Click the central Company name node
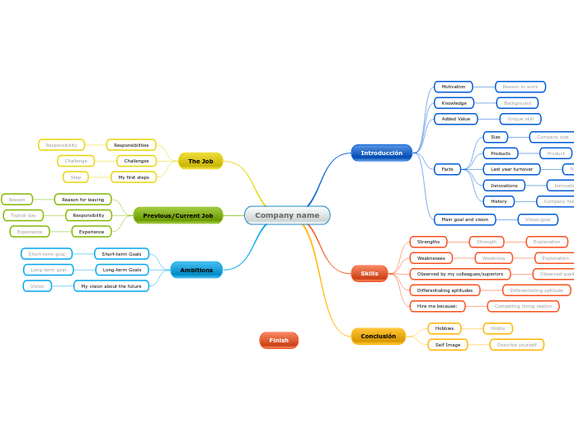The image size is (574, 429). (x=287, y=215)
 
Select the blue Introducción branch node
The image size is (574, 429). (x=381, y=153)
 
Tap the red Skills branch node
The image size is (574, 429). (x=369, y=273)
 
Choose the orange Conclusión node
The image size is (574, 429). (x=378, y=336)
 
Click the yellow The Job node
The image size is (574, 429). (x=200, y=161)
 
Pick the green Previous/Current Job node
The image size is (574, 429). (x=178, y=215)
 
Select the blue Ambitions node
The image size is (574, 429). (x=196, y=270)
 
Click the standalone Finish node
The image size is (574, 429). (x=279, y=340)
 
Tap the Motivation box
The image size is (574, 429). (x=453, y=87)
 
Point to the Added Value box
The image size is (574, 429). (x=455, y=119)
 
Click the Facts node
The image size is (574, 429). (x=447, y=169)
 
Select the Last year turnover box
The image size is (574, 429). (x=511, y=169)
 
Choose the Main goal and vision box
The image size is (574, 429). (x=464, y=219)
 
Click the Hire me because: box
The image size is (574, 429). (x=437, y=306)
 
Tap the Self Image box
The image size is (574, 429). (x=448, y=344)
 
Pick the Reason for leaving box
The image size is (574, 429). (x=82, y=199)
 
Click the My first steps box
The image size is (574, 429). (x=134, y=177)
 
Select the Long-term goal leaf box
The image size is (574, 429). (x=49, y=270)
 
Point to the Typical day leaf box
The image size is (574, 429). (x=23, y=215)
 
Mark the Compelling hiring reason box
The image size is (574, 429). (x=523, y=306)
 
